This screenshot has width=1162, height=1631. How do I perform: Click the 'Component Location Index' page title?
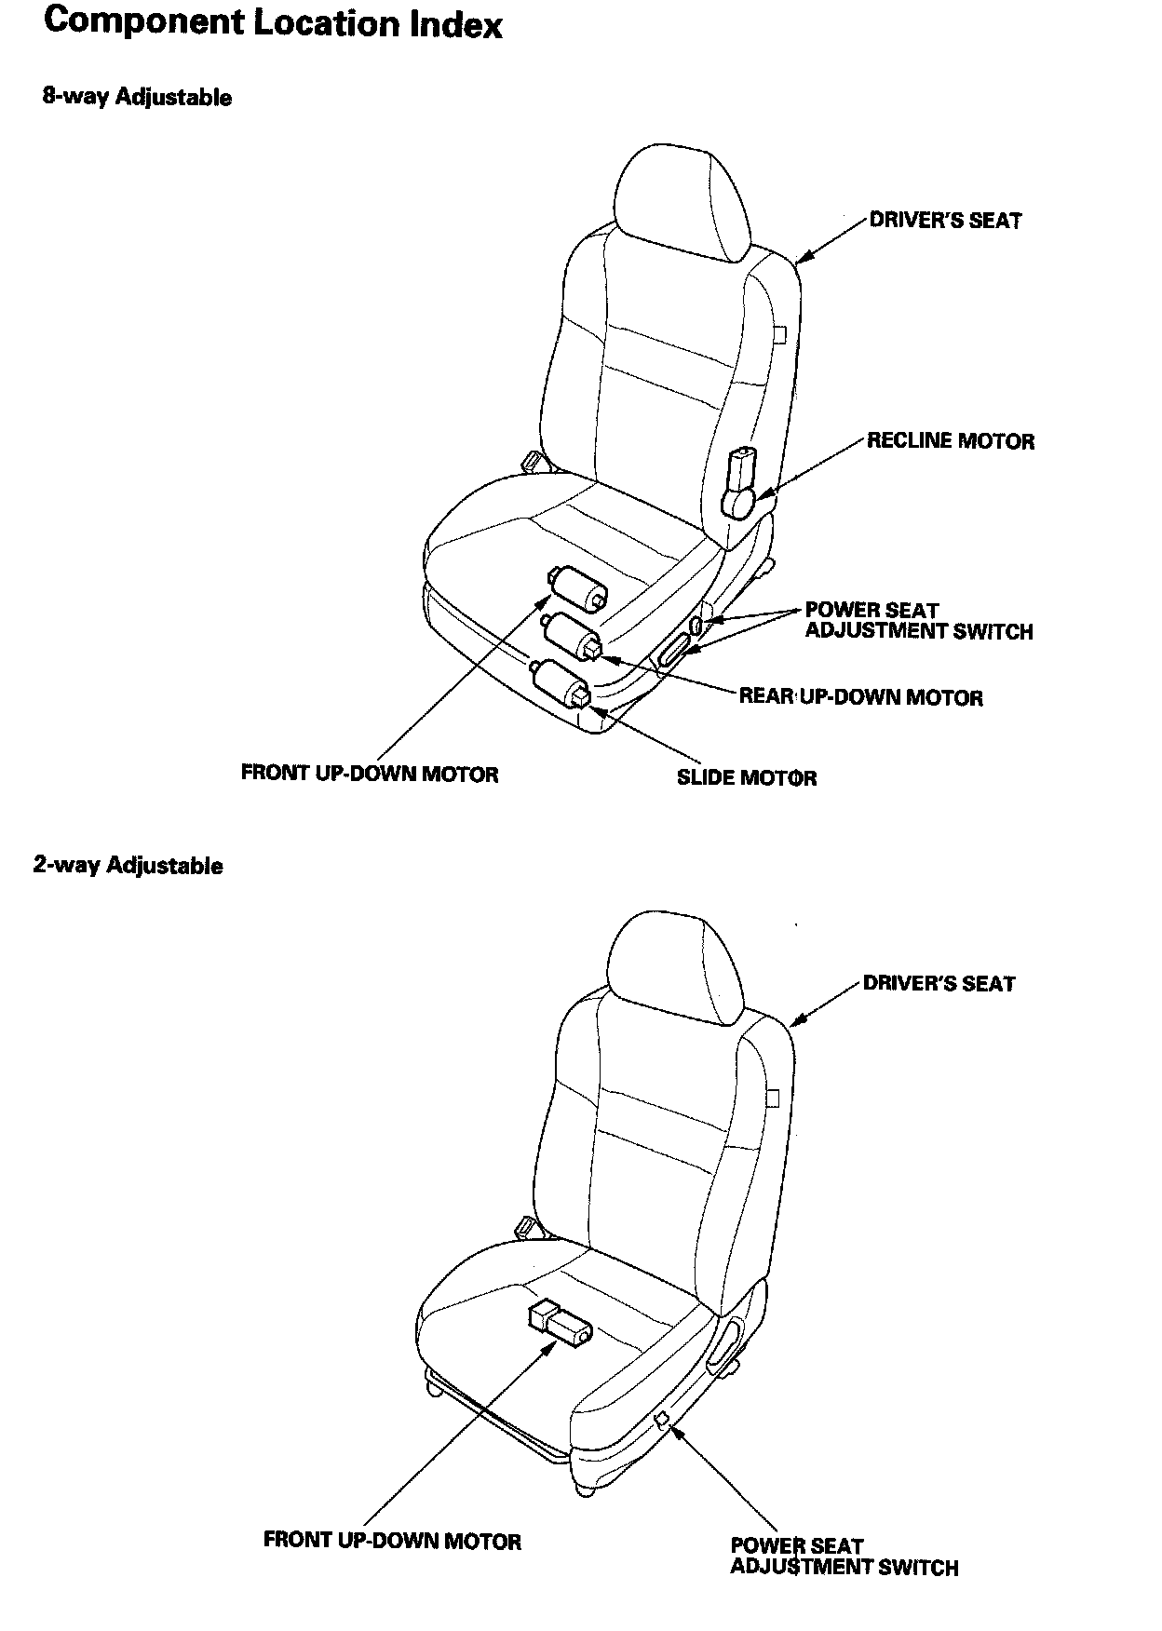tap(273, 24)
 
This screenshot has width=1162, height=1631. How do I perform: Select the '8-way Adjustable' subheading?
tap(137, 97)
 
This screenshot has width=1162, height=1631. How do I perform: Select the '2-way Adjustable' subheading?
tap(128, 865)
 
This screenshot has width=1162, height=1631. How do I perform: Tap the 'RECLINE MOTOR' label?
tap(950, 441)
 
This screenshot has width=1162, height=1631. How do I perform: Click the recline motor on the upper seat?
tap(741, 482)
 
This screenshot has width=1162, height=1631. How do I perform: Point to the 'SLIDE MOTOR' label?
tap(746, 777)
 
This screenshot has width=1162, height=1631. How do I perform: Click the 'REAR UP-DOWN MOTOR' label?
tap(860, 697)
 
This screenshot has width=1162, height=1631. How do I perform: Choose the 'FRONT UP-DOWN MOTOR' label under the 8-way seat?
tap(370, 774)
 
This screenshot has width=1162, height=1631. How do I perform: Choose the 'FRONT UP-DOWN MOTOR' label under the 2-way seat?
tap(392, 1541)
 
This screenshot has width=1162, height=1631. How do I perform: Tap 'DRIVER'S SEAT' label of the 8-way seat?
tap(945, 221)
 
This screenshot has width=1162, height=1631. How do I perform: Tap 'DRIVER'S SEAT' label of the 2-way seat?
tap(939, 984)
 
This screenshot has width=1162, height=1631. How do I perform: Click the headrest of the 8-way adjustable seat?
tap(682, 199)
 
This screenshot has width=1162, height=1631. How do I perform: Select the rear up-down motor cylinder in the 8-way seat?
tap(574, 635)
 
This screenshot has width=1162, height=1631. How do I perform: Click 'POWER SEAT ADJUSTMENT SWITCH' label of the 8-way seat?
tap(918, 621)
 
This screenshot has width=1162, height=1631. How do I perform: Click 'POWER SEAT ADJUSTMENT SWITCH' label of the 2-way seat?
tap(844, 1557)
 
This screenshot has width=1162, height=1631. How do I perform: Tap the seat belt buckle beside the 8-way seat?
tap(533, 460)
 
